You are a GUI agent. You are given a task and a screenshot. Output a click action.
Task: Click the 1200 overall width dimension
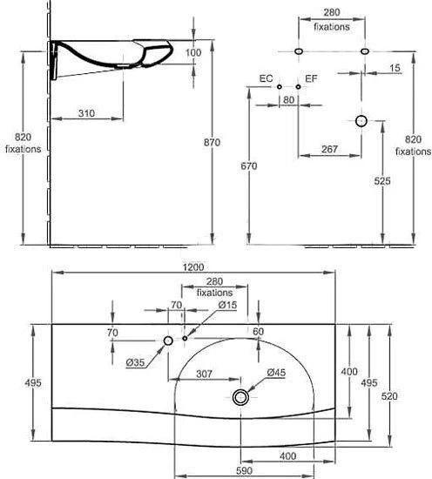pyautogui.click(x=193, y=267)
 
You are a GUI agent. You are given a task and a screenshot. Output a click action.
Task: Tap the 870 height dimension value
pyautogui.click(x=212, y=142)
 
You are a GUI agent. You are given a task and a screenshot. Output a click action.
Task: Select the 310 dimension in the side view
pyautogui.click(x=86, y=113)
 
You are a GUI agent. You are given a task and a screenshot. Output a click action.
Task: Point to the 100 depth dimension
pyautogui.click(x=193, y=52)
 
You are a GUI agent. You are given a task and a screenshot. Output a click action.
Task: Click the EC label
pyautogui.click(x=266, y=78)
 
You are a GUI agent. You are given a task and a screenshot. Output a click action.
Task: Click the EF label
pyautogui.click(x=311, y=78)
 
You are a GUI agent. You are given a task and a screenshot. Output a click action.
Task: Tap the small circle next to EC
pyautogui.click(x=280, y=87)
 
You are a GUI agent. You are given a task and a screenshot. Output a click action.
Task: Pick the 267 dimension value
pyautogui.click(x=329, y=149)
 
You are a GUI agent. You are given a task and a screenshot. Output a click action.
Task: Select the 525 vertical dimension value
pyautogui.click(x=382, y=181)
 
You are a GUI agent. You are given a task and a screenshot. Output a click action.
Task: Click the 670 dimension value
pyautogui.click(x=249, y=166)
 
